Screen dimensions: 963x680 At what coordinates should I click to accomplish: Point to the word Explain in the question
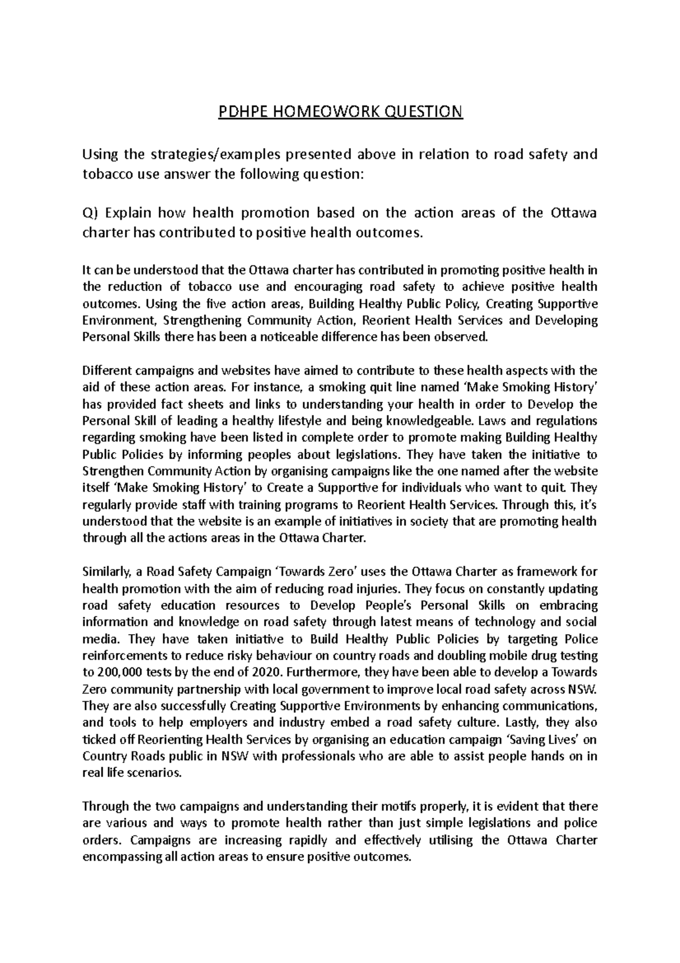[128, 213]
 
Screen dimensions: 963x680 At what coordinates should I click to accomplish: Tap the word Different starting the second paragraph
[105, 371]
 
